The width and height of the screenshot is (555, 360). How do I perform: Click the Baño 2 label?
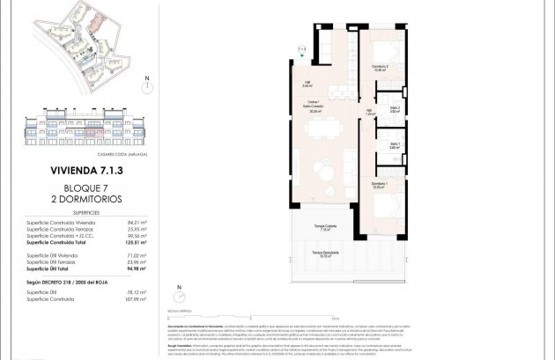[x=396, y=110]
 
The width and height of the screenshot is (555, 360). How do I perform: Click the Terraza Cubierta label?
[x=323, y=228]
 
